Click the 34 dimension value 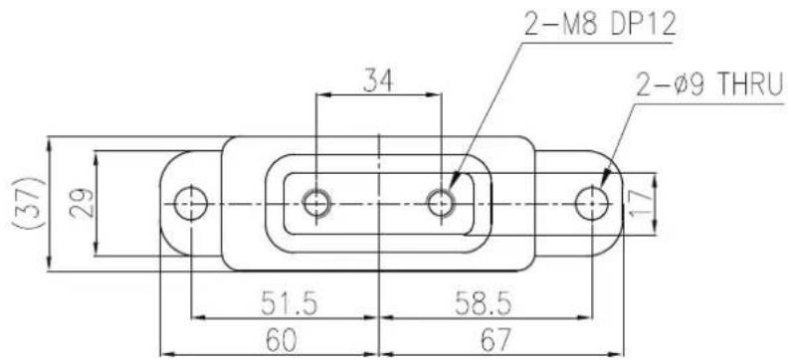point(377,81)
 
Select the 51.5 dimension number point(289,303)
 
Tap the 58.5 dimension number point(483,303)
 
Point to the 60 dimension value point(281,340)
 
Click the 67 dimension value point(495,340)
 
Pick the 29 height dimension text point(81,203)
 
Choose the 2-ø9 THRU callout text point(709,87)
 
